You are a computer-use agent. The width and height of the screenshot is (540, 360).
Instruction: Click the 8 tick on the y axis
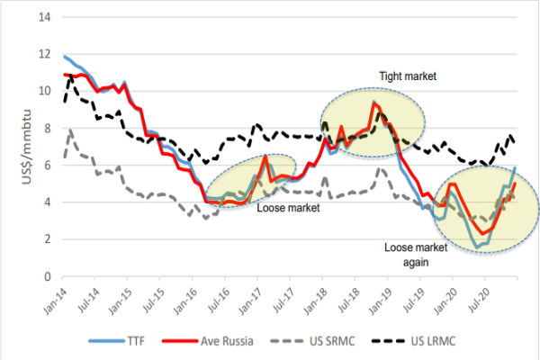(46, 128)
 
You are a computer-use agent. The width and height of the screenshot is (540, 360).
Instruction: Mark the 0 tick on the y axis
(46, 276)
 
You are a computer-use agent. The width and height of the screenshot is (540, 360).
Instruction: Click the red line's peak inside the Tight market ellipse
(373, 103)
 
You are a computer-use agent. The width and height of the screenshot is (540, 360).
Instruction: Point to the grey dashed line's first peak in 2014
(70, 130)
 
